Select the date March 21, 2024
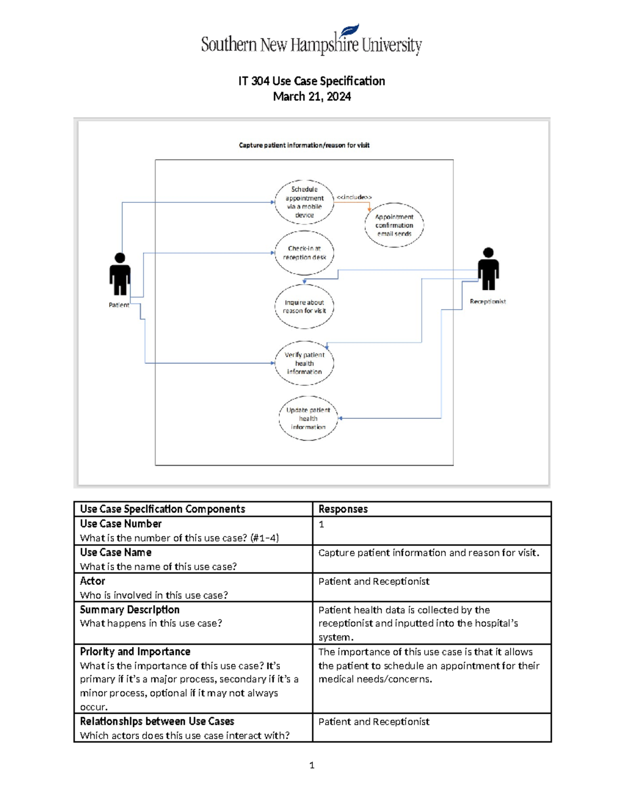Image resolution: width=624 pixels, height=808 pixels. click(311, 97)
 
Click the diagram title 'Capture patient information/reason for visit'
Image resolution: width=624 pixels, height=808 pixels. click(304, 145)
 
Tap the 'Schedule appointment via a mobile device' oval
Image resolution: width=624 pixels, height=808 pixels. click(304, 202)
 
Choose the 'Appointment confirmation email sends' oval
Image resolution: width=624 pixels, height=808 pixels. click(394, 225)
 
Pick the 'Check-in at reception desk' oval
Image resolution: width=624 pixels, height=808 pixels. click(304, 253)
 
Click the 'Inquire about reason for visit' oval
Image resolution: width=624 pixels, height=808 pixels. click(304, 306)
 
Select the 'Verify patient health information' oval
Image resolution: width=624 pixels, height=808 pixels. click(304, 363)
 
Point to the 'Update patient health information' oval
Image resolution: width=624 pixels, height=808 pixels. click(308, 418)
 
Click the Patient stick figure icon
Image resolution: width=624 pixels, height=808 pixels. click(120, 274)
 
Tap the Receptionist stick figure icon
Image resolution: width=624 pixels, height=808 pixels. click(488, 269)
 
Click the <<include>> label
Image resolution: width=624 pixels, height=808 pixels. click(354, 197)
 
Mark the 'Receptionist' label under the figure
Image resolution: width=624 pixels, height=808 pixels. click(488, 301)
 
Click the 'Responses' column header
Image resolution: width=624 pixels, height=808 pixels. click(343, 509)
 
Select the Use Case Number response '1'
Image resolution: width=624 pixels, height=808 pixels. click(321, 524)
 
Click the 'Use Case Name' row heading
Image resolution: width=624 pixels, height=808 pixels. click(115, 553)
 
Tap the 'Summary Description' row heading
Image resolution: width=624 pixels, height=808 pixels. click(129, 610)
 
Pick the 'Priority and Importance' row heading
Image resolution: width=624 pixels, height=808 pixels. click(135, 652)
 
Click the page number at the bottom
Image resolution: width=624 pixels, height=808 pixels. click(311, 765)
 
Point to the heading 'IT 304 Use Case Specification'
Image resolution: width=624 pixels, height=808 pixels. click(311, 81)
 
